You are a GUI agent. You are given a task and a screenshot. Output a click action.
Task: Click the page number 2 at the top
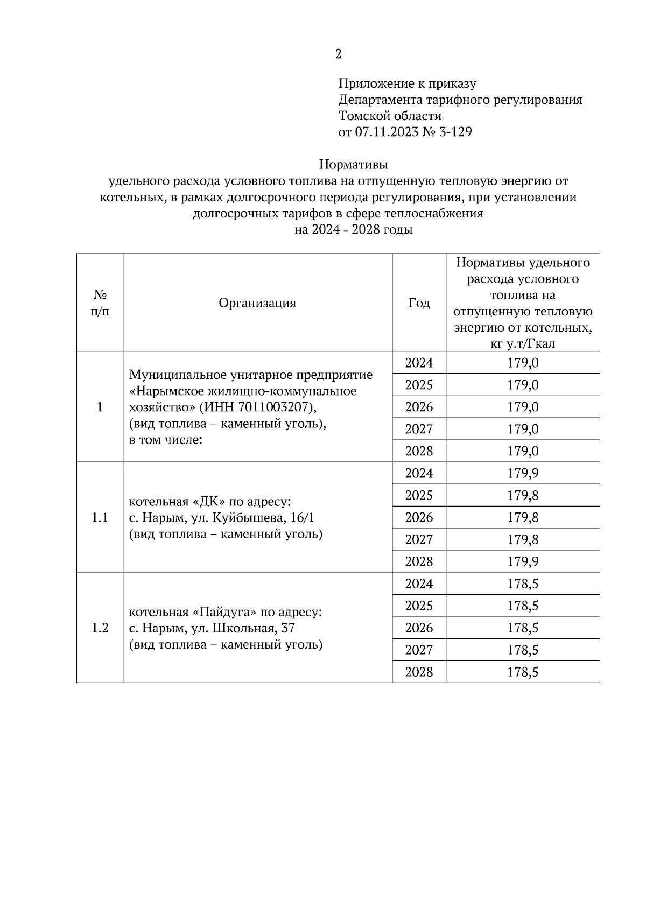tap(338, 54)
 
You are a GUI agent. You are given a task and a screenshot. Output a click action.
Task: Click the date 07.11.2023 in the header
tap(387, 132)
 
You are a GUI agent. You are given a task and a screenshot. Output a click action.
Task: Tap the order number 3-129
tap(455, 132)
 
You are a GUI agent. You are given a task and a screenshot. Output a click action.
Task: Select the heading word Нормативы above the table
tap(353, 163)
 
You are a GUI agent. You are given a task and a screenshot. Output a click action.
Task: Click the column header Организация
tap(257, 303)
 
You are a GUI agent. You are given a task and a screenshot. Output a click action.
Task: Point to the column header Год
tap(419, 303)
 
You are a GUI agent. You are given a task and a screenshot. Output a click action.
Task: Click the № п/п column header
tap(100, 303)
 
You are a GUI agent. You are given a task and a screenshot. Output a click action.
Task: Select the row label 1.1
tap(100, 518)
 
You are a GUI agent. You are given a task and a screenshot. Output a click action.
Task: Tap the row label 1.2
tap(100, 628)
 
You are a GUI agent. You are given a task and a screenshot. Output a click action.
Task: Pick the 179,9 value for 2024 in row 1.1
tap(523, 473)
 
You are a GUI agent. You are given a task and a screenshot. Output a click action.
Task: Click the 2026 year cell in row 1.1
tap(419, 518)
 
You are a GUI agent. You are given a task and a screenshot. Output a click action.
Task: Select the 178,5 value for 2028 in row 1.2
tap(523, 672)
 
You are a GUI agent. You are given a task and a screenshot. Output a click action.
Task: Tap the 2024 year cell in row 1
tap(419, 363)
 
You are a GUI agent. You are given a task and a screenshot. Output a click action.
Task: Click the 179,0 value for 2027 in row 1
tap(523, 429)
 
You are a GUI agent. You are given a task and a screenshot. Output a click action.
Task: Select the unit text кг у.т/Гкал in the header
tap(523, 343)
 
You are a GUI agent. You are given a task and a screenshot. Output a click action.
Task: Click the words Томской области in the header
tap(390, 116)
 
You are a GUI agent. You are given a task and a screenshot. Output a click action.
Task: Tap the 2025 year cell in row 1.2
tap(419, 606)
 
